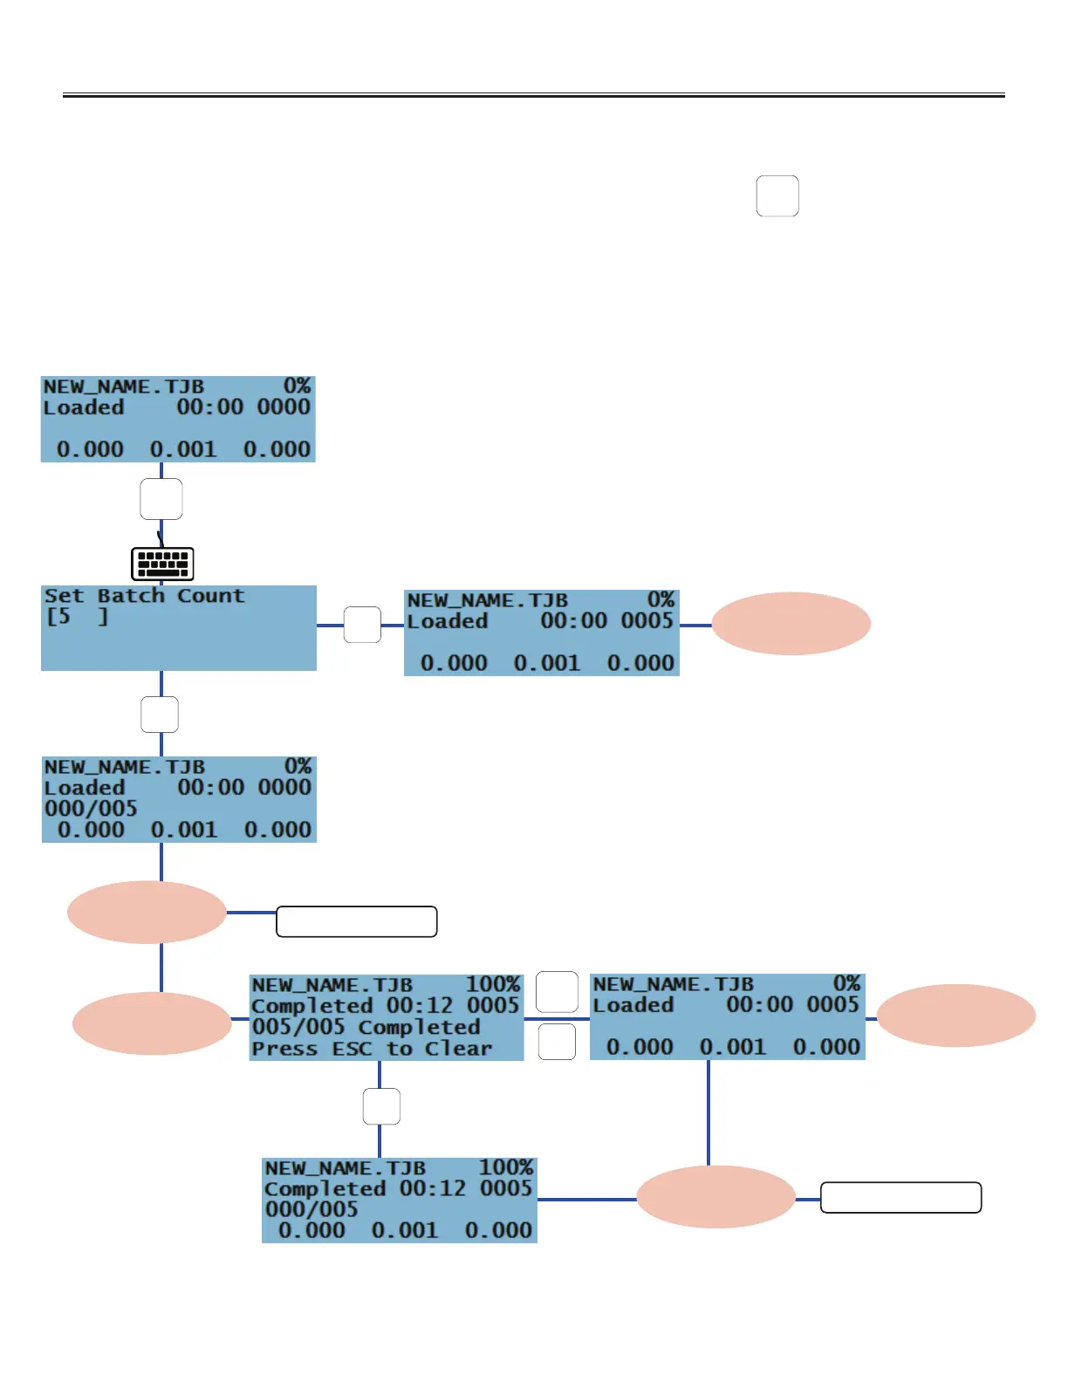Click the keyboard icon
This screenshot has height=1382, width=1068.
(162, 564)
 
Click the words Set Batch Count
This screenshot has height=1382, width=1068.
(144, 596)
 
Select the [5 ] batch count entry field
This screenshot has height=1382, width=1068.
(78, 617)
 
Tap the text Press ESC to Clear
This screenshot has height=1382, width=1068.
(372, 1049)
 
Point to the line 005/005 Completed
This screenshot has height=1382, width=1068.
(366, 1027)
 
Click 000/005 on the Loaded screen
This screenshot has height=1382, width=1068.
(91, 809)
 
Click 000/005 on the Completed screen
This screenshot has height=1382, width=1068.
(311, 1209)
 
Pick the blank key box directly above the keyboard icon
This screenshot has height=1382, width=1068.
(161, 499)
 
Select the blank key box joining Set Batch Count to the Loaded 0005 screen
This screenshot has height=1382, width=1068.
(362, 625)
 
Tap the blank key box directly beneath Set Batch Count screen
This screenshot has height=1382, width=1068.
(160, 715)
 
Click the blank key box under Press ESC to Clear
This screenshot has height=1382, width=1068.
(381, 1106)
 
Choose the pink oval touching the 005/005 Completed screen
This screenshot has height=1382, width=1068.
(152, 1023)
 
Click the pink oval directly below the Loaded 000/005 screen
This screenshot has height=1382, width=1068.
(147, 912)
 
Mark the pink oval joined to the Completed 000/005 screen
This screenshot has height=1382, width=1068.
(715, 1197)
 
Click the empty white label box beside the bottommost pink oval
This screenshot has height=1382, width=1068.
(900, 1198)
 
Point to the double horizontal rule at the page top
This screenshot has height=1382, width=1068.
(534, 95)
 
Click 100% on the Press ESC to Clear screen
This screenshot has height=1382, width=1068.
(493, 984)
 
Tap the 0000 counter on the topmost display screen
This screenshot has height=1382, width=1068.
(284, 407)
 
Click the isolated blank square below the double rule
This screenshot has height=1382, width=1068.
(777, 195)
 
